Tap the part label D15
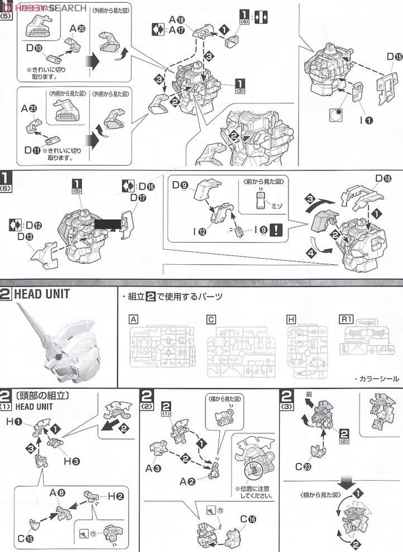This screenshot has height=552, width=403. pyautogui.click(x=394, y=56)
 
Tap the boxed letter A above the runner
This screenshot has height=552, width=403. pyautogui.click(x=133, y=319)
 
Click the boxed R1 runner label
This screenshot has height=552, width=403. pyautogui.click(x=347, y=319)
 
